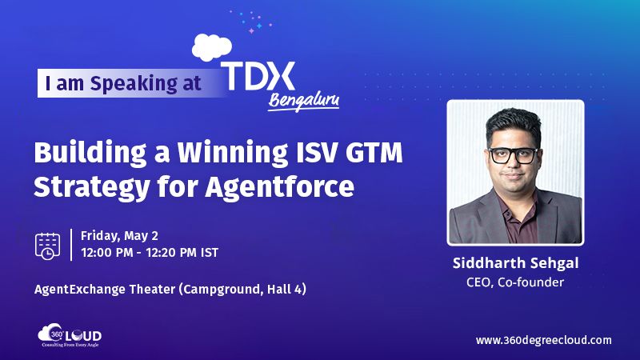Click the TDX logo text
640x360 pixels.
click(258, 77)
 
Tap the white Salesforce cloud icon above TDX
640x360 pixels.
click(212, 47)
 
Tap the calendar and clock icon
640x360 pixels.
click(48, 246)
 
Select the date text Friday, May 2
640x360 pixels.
click(119, 237)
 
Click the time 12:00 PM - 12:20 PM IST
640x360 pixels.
click(150, 253)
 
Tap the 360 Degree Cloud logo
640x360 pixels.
click(70, 337)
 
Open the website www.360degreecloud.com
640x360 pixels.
click(543, 340)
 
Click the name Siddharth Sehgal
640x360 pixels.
click(515, 265)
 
